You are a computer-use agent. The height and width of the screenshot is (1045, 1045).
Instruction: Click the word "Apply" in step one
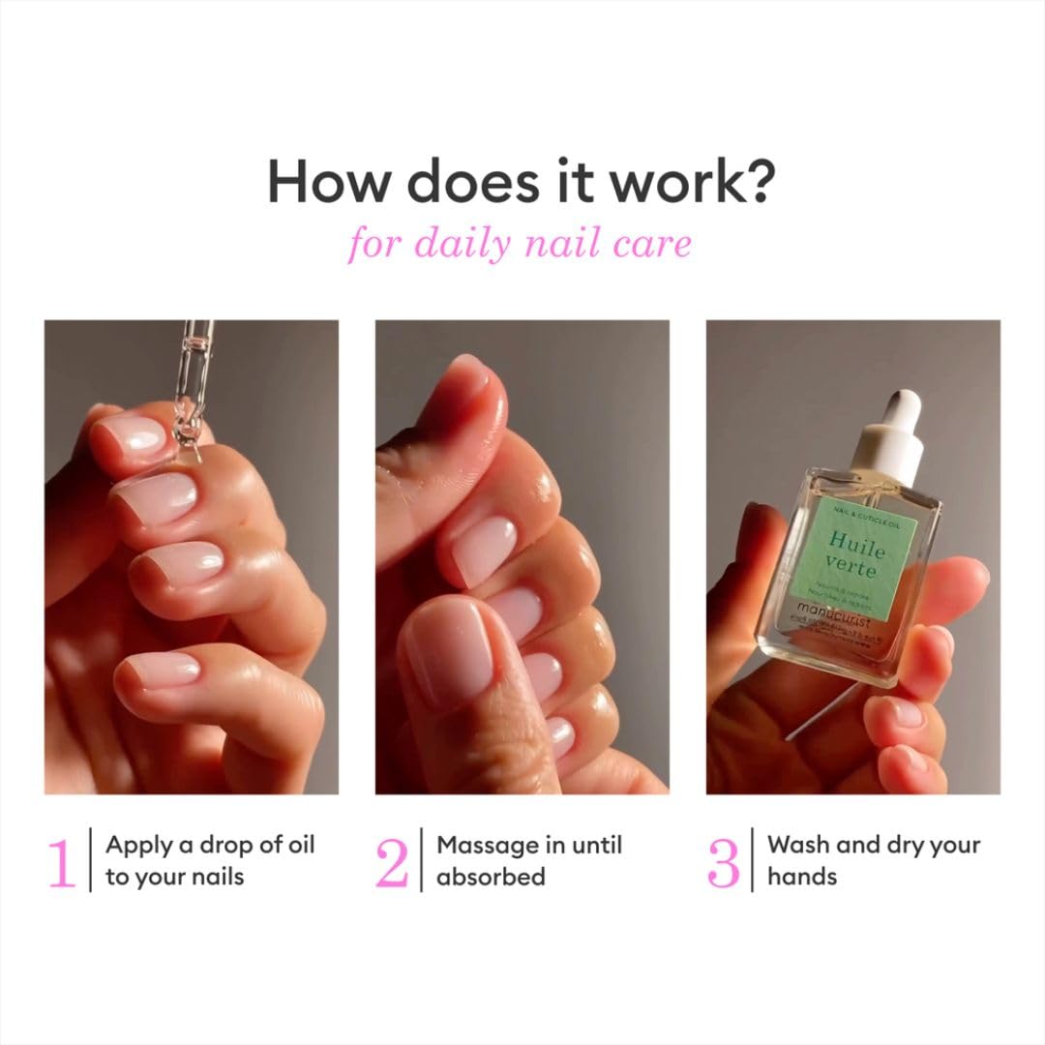click(x=138, y=846)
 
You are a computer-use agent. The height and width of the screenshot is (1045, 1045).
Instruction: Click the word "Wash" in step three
click(x=798, y=845)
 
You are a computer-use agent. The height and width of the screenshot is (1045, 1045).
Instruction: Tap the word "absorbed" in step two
click(x=491, y=877)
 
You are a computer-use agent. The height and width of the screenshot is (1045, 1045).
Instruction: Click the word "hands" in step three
click(x=801, y=877)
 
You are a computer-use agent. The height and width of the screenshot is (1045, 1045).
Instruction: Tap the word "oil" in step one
click(x=299, y=845)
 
